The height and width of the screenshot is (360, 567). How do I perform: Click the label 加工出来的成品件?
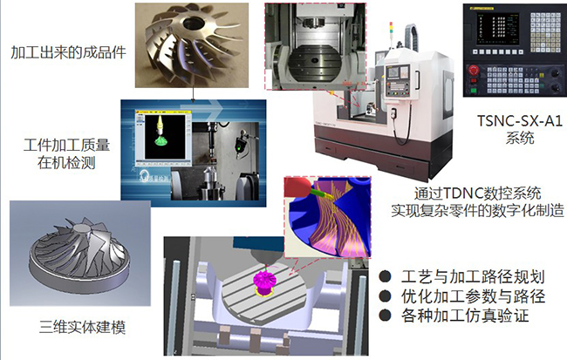coord(68,52)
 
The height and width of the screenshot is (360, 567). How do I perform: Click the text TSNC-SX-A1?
coord(520,120)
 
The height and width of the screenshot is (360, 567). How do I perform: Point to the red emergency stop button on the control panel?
coord(473,70)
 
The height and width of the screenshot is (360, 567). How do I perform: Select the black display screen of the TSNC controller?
coord(498,29)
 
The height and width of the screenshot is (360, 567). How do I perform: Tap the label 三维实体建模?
coord(83,328)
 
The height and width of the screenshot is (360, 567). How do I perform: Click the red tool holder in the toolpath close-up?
coord(297,187)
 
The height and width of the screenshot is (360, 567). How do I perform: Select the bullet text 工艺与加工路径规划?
coord(473,277)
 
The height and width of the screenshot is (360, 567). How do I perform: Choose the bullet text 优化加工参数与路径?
coord(473,296)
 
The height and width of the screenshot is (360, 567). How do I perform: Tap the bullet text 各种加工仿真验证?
coord(465,316)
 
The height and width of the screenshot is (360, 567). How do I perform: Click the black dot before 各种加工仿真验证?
coord(385,316)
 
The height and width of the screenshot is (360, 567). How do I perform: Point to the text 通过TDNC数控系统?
coord(477,194)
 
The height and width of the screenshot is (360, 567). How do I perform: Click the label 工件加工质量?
coord(66,146)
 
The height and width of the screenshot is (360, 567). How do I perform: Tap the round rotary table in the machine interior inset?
coord(316,65)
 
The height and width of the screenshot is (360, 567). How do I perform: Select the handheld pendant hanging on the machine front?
coord(393,113)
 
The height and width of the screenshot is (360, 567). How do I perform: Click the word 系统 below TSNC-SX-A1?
coord(520,139)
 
